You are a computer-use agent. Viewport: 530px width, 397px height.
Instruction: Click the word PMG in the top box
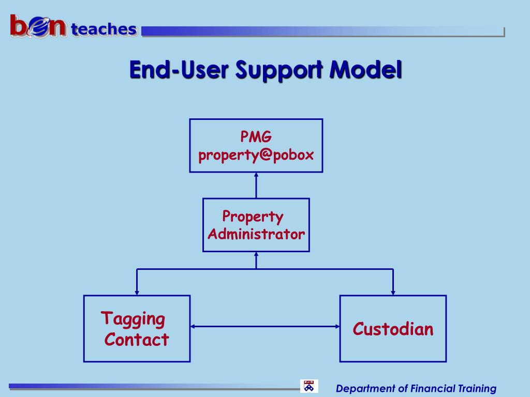pos(256,137)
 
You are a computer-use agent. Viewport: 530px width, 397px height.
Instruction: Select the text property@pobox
pos(256,155)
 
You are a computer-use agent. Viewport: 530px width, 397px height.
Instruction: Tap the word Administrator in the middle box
pos(256,234)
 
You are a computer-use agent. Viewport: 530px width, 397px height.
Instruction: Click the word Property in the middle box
pos(253,216)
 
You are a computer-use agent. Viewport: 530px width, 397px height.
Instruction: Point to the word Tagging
pos(133,318)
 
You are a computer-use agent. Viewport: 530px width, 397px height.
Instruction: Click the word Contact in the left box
pos(137,340)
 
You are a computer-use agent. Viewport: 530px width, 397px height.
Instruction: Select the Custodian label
pos(393,329)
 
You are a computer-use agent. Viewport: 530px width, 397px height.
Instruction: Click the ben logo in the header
pos(38,27)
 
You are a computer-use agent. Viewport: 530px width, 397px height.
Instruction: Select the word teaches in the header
pos(104,29)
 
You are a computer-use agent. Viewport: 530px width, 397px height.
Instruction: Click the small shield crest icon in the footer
pos(309,386)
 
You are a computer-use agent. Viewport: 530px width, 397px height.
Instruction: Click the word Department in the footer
pos(365,389)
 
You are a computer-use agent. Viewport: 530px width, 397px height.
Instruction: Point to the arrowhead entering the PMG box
pos(256,176)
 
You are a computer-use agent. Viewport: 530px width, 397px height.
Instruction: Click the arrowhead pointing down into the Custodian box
pos(393,292)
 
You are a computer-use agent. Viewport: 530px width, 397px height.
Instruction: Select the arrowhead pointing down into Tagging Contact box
pos(137,292)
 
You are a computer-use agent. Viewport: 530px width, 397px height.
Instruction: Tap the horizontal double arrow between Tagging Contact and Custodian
pos(264,326)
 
